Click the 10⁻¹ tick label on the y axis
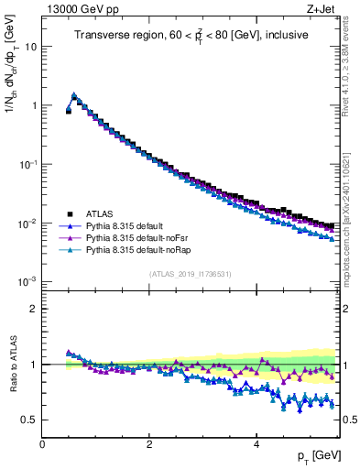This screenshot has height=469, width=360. point(27,165)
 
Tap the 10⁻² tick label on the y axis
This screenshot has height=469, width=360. point(27,224)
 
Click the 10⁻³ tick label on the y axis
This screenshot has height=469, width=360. point(27,282)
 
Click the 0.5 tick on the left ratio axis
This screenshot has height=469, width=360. point(30,420)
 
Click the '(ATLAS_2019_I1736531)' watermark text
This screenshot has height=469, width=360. point(191,274)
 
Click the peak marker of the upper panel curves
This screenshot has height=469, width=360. point(74,95)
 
